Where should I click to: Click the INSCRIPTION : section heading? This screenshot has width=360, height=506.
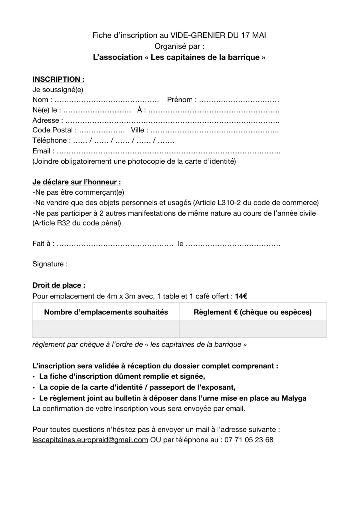(58, 79)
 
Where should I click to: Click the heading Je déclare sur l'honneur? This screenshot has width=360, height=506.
(77, 182)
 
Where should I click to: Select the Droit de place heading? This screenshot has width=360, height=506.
(59, 285)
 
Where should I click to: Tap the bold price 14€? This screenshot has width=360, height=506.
(241, 296)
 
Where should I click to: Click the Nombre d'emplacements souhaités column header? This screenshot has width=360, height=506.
(106, 312)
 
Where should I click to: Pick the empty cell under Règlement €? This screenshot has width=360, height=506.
(253, 329)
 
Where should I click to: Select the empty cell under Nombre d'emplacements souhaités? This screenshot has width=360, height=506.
(106, 329)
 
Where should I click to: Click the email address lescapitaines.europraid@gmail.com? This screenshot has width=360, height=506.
(90, 440)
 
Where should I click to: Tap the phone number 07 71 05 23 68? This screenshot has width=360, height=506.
(249, 440)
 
